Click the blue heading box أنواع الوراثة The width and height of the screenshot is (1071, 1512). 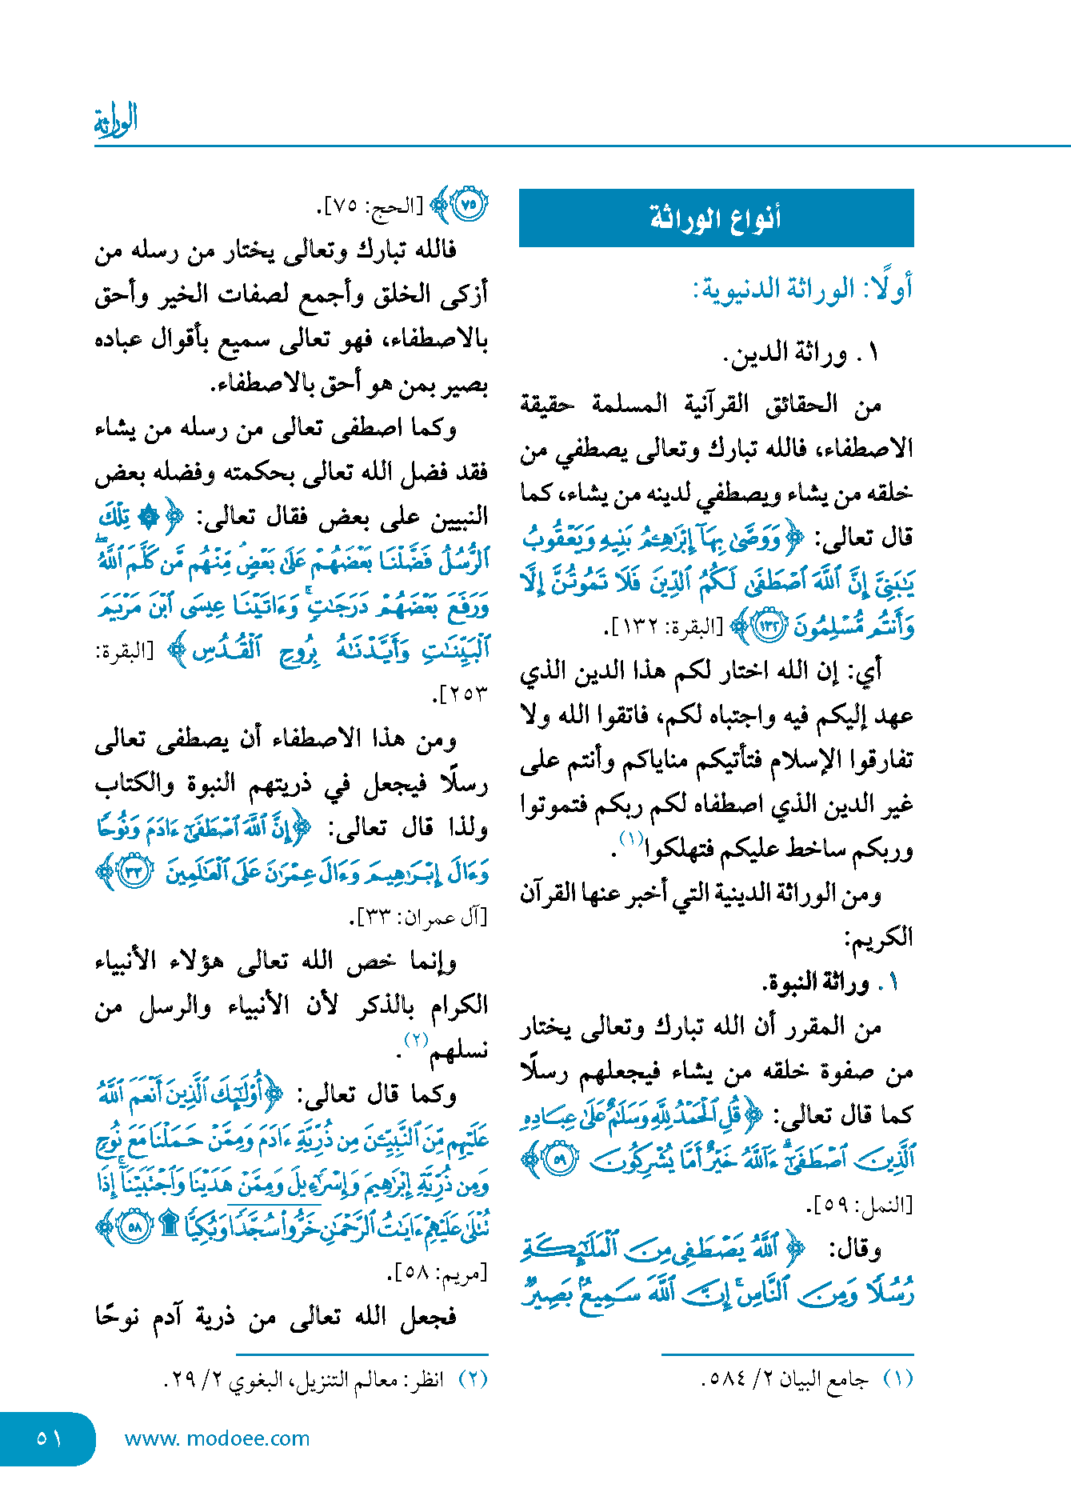[716, 218]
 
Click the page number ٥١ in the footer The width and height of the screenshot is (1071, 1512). [48, 1438]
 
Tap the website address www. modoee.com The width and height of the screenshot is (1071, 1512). [217, 1438]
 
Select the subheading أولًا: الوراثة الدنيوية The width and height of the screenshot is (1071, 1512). [802, 289]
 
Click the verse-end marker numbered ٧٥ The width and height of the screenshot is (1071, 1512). [468, 206]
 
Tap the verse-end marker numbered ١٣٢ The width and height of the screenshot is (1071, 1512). [770, 626]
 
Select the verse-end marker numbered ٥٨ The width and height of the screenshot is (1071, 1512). [134, 1227]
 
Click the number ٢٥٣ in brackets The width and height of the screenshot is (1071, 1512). [463, 694]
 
